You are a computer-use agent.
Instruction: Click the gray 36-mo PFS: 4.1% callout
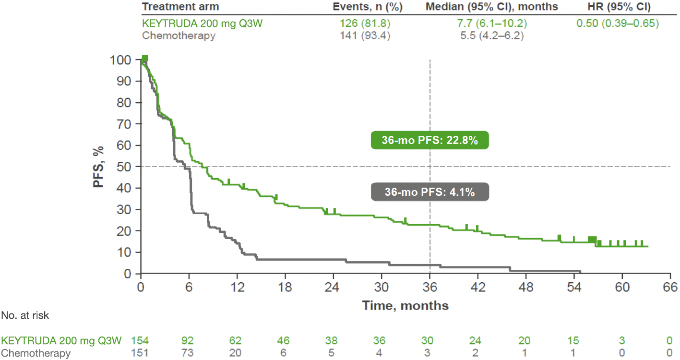429,192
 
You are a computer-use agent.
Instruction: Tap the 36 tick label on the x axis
429,288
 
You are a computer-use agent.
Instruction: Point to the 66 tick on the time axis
670,288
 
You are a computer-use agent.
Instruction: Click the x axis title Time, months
405,305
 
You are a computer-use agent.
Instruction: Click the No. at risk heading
25,315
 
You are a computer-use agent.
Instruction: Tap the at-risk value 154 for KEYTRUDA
141,341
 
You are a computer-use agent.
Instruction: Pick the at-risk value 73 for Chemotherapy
189,353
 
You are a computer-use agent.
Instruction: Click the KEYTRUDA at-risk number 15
574,341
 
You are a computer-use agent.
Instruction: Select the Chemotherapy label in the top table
179,36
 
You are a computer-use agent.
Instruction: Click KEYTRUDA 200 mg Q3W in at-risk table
61,341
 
